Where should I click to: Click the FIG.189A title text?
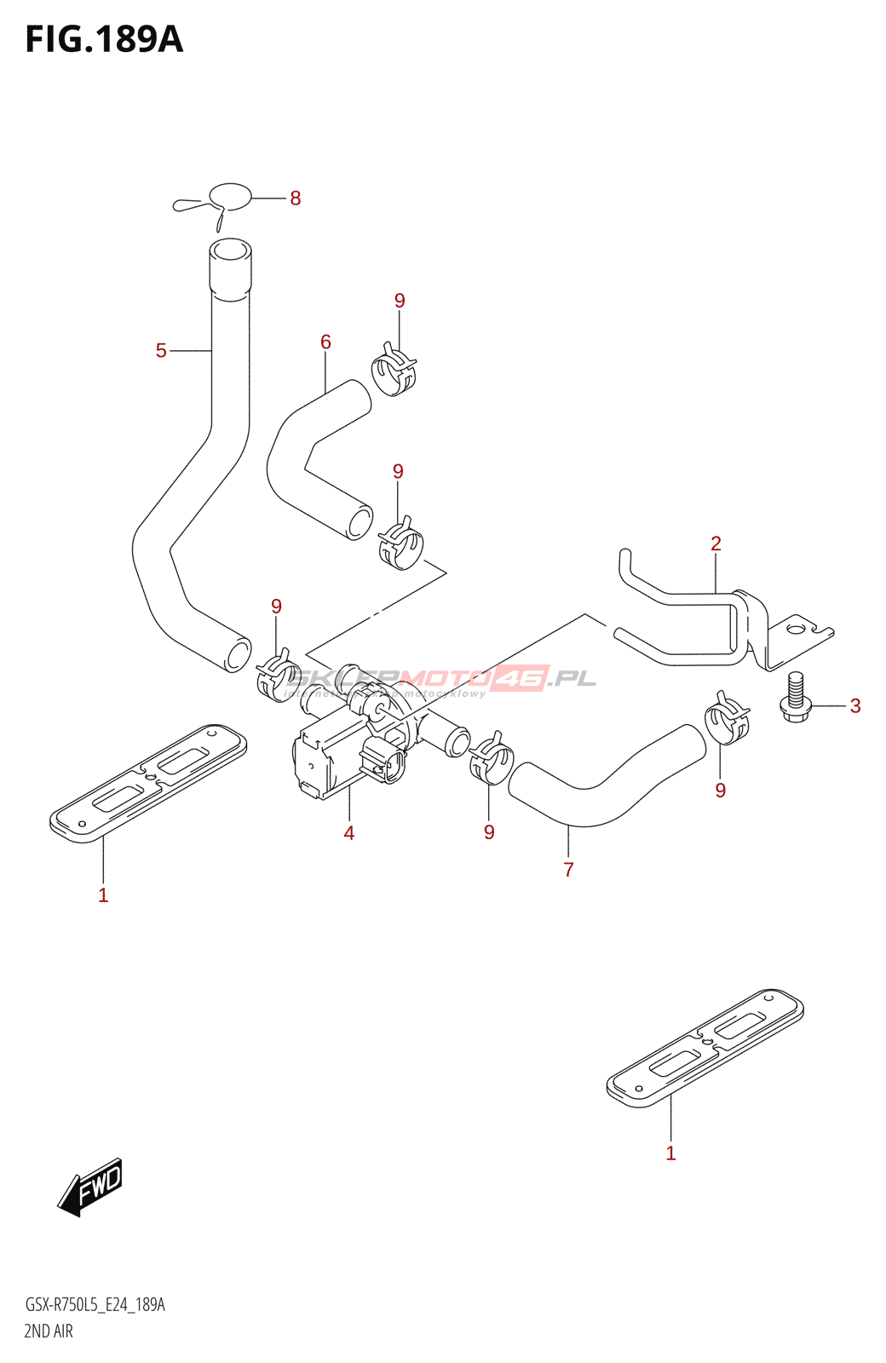pyautogui.click(x=104, y=39)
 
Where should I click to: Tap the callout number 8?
pyautogui.click(x=295, y=198)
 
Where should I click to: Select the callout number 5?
pyautogui.click(x=161, y=350)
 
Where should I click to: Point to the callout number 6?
pyautogui.click(x=325, y=342)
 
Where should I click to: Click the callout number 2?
pyautogui.click(x=716, y=543)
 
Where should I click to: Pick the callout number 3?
pyautogui.click(x=854, y=705)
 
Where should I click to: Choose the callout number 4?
pyautogui.click(x=348, y=833)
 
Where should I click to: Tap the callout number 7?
pyautogui.click(x=568, y=870)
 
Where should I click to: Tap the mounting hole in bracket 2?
pyautogui.click(x=795, y=630)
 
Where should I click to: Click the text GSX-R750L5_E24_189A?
pyautogui.click(x=95, y=1305)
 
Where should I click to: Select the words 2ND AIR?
pyautogui.click(x=49, y=1331)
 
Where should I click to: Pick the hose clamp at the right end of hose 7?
pyautogui.click(x=727, y=719)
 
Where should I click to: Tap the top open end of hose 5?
pyautogui.click(x=230, y=252)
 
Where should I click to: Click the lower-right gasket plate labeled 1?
pyautogui.click(x=705, y=1048)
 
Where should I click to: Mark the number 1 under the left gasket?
pyautogui.click(x=103, y=895)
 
